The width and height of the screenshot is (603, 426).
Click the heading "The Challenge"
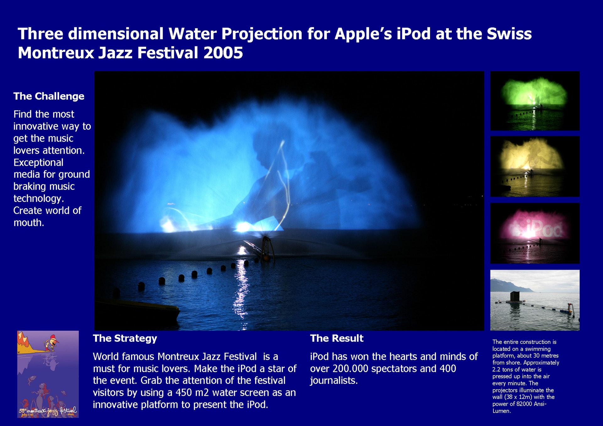(x=49, y=96)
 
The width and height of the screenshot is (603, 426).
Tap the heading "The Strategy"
(x=125, y=338)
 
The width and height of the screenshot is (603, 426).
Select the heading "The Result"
(x=337, y=338)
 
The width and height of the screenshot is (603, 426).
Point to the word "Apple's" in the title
(x=363, y=34)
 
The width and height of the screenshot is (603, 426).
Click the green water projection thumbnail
(x=535, y=101)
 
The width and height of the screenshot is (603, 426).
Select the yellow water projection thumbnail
(x=535, y=166)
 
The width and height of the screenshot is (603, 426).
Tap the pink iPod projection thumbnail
(x=535, y=233)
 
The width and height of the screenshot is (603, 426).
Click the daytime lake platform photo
(x=535, y=300)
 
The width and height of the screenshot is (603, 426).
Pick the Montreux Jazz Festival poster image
(x=48, y=374)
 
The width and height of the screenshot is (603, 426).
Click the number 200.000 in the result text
(x=353, y=369)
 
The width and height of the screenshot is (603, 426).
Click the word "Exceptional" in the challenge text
(x=38, y=163)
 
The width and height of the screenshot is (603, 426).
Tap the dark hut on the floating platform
(x=514, y=296)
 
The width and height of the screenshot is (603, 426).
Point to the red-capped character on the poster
(x=51, y=343)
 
